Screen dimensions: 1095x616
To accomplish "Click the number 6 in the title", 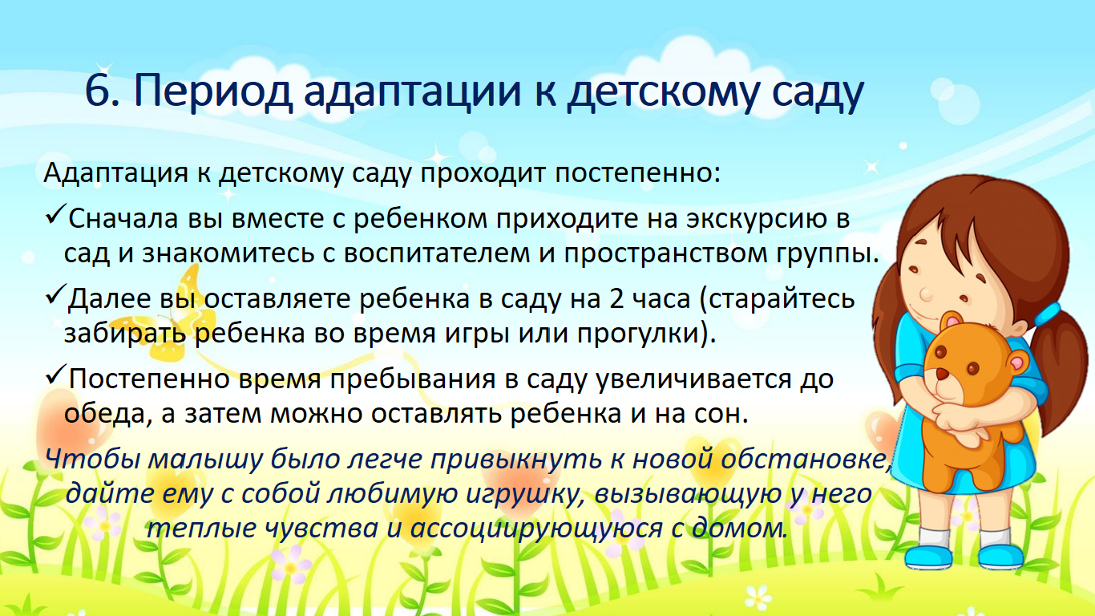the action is (99, 91).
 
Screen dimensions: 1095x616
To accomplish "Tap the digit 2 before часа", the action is (616, 298).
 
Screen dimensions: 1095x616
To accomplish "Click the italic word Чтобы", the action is (93, 460).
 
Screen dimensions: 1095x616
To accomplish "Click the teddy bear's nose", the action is (942, 375).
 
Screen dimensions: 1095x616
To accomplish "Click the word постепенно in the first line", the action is (637, 174).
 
